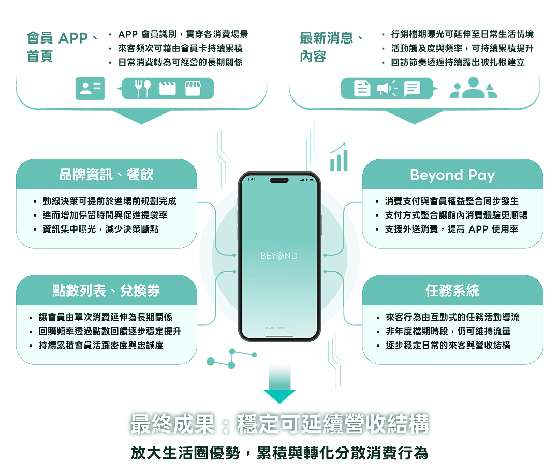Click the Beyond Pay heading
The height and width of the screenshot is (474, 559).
pos(452,175)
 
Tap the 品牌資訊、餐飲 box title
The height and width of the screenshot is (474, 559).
pos(106,174)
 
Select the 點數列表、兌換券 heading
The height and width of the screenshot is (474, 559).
pos(106,291)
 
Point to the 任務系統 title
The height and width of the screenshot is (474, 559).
pos(452,291)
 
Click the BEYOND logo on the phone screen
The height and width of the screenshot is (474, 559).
pos(279,256)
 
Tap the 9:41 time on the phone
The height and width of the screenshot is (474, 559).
pos(252,179)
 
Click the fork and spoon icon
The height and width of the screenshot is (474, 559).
pos(142,88)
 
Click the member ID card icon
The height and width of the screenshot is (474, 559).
pos(90,89)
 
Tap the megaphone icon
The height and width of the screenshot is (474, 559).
pos(387,89)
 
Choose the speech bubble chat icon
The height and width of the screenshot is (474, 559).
pos(412,89)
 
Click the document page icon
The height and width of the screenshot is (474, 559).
pos(362,89)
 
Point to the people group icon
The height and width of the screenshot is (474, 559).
pos(473,88)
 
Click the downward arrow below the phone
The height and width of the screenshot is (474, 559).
pos(279,383)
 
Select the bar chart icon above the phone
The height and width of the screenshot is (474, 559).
pos(339,157)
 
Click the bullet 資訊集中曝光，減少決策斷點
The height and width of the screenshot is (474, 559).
pos(100,229)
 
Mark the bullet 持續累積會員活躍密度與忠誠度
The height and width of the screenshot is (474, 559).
pos(100,345)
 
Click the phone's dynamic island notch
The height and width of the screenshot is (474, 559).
pos(279,180)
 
